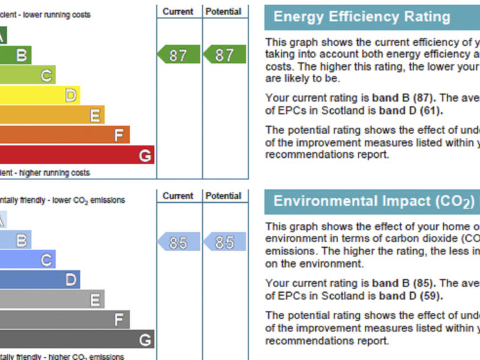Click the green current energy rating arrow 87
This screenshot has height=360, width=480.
177,55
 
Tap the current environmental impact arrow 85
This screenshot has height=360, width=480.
177,242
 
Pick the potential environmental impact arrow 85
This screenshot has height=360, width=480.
224,242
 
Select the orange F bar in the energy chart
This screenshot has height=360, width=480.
64,135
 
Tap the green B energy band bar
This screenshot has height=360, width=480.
15,55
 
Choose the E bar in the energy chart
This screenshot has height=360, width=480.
51,115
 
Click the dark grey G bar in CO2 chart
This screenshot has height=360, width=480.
76,340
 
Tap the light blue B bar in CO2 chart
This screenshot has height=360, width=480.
15,240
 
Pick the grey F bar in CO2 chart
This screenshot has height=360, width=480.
64,320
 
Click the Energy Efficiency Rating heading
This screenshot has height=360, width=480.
362,17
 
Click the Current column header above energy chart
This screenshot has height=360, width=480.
178,11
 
